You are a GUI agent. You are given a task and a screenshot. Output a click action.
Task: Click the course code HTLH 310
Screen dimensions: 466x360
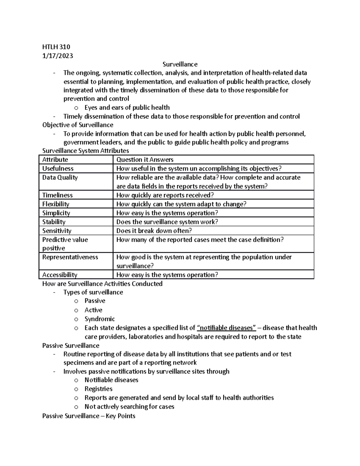pyautogui.click(x=56, y=47)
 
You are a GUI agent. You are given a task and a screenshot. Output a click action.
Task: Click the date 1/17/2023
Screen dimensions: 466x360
pyautogui.click(x=58, y=56)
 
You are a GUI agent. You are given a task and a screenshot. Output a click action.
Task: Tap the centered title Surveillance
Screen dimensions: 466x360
pyautogui.click(x=180, y=64)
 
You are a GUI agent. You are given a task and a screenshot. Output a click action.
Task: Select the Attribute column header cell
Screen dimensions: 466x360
pyautogui.click(x=55, y=160)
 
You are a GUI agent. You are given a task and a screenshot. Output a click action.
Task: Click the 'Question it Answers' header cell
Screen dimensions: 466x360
pyautogui.click(x=145, y=160)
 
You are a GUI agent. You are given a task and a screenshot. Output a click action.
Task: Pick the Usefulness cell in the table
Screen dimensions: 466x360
pyautogui.click(x=58, y=169)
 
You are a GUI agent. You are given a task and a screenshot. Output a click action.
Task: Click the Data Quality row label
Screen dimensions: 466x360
pyautogui.click(x=60, y=178)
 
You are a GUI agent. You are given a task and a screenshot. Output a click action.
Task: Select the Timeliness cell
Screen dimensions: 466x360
pyautogui.click(x=57, y=195)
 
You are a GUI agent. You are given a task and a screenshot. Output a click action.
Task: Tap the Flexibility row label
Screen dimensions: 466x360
pyautogui.click(x=56, y=204)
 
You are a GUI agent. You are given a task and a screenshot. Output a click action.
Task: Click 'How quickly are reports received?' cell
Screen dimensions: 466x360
pyautogui.click(x=165, y=195)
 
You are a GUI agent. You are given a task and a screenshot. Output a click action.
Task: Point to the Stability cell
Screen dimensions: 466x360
pyautogui.click(x=54, y=222)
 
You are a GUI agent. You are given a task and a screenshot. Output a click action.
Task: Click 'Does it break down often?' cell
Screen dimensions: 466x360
pyautogui.click(x=154, y=231)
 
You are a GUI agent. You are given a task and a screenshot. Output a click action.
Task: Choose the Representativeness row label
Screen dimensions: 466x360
pyautogui.click(x=70, y=257)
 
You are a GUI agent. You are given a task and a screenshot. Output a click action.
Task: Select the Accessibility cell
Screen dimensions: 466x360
pyautogui.click(x=60, y=275)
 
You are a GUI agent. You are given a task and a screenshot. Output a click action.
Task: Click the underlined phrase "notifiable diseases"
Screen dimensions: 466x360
pyautogui.click(x=226, y=328)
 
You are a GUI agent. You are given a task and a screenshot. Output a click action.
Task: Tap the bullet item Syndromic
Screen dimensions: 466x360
pyautogui.click(x=100, y=319)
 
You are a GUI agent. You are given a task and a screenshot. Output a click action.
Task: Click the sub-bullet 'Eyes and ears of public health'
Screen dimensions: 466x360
pyautogui.click(x=127, y=107)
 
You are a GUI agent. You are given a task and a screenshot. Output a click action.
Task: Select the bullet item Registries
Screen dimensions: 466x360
pyautogui.click(x=98, y=389)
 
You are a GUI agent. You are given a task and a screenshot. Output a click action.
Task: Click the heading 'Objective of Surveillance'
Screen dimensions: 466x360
pyautogui.click(x=78, y=125)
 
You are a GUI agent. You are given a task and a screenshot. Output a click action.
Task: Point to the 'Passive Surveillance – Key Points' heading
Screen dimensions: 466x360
pyautogui.click(x=89, y=416)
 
